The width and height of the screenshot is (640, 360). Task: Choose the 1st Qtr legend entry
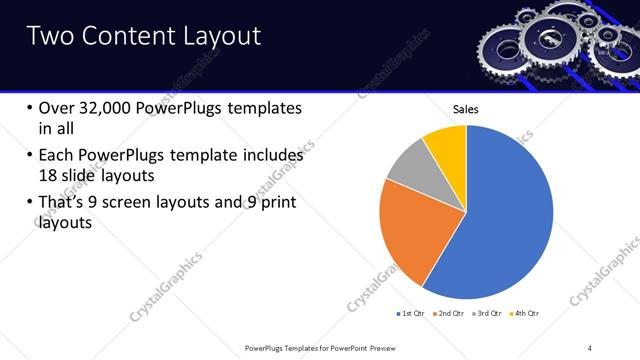tap(412, 314)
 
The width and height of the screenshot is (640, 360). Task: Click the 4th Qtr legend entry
tap(527, 314)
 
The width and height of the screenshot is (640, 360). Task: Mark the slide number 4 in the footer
tap(590, 347)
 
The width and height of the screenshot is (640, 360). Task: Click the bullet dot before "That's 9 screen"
tap(27, 204)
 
